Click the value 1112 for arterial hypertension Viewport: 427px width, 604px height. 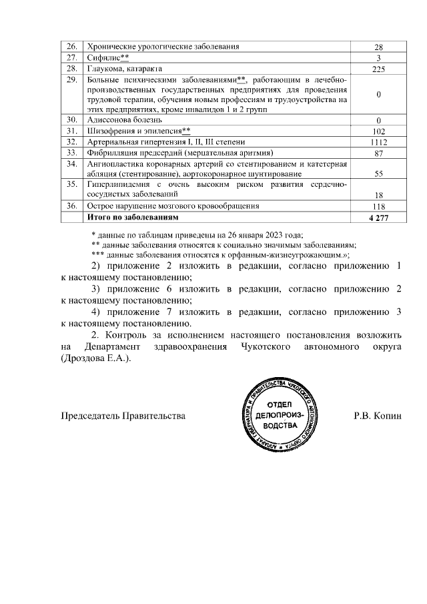tap(378, 142)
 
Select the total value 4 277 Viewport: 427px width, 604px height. tap(378, 218)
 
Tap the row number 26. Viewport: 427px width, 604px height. tap(71, 47)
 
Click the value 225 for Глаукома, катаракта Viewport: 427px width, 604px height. tap(378, 69)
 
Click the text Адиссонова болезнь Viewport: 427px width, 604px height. tap(124, 119)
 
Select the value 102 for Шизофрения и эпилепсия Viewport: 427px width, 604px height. tap(378, 131)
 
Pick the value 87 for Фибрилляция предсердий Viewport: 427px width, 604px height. tap(378, 154)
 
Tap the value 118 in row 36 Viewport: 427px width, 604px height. tap(378, 207)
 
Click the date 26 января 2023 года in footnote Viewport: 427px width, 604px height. tap(259, 234)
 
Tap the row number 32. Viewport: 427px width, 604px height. tap(71, 142)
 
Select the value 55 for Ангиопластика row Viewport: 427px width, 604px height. tap(378, 174)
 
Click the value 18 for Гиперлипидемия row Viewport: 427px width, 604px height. tap(378, 196)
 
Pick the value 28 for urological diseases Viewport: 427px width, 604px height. tap(378, 47)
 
